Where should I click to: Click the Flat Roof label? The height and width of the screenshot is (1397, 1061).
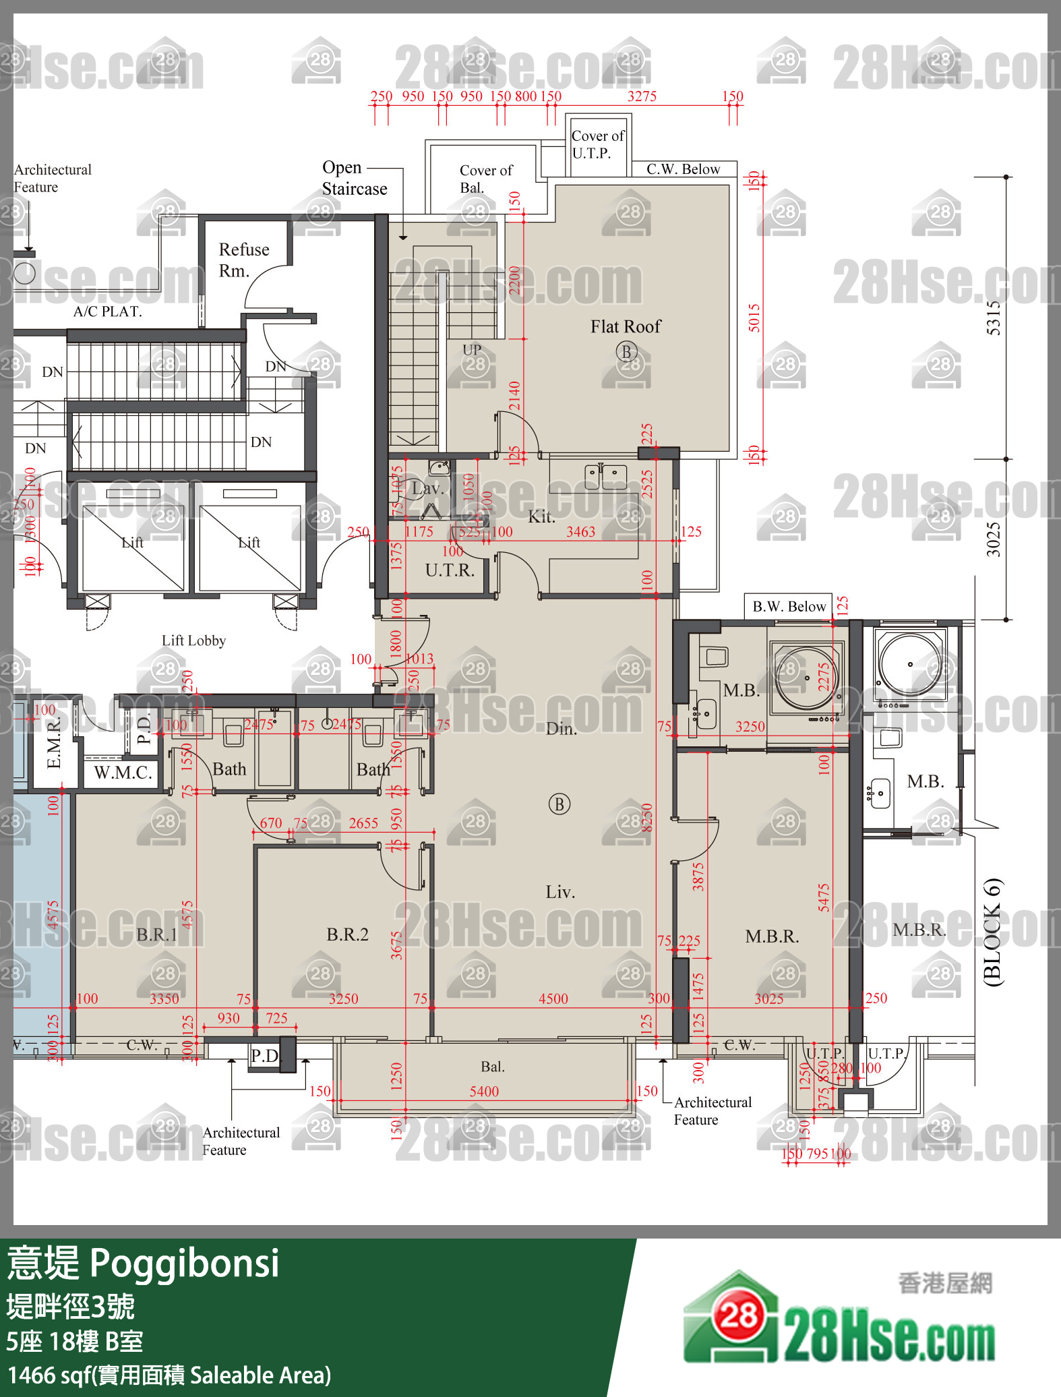(x=626, y=326)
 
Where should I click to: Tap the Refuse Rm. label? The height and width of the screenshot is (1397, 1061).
(x=243, y=260)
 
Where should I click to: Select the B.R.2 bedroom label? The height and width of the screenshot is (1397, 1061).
(x=347, y=934)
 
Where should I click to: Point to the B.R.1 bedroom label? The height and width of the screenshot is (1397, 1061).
(x=157, y=934)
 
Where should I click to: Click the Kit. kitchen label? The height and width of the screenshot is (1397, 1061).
(x=541, y=517)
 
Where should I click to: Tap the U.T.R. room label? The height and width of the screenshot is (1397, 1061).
(x=450, y=570)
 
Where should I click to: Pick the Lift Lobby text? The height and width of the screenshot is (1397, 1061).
(x=193, y=641)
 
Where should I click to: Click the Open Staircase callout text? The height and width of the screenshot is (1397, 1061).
(x=354, y=178)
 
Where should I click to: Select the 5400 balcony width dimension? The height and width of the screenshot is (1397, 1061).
(x=484, y=1092)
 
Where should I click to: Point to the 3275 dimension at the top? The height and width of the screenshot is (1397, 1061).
(x=642, y=96)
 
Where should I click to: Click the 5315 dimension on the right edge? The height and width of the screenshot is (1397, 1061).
(x=994, y=318)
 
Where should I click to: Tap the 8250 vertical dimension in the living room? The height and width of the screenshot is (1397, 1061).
(x=647, y=817)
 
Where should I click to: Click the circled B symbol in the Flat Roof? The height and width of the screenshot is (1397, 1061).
(x=626, y=351)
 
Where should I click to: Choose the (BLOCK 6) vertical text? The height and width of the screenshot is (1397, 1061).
(x=993, y=932)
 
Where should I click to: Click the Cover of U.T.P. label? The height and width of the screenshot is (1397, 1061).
(x=597, y=144)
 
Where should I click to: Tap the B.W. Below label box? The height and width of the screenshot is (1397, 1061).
(x=789, y=606)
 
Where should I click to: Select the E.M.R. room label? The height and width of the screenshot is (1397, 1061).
(x=54, y=743)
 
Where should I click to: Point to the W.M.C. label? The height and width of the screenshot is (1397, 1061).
(x=123, y=773)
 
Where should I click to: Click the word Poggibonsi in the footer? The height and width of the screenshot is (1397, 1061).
(x=184, y=1263)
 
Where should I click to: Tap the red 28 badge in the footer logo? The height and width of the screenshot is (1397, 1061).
(x=739, y=1315)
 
